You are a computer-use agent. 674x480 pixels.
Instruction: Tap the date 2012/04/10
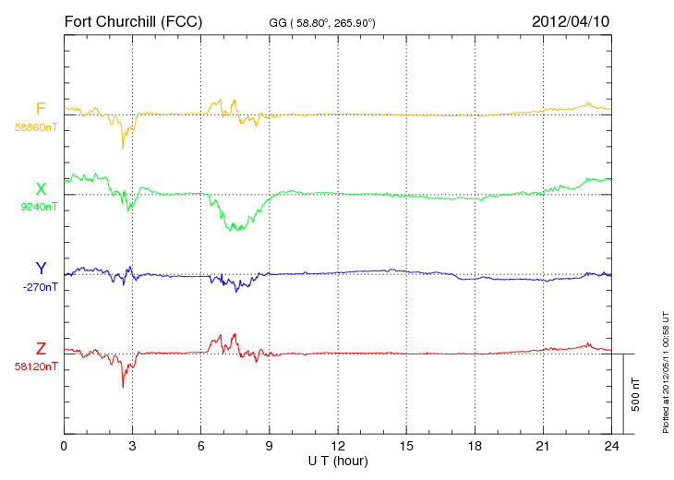tap(571, 20)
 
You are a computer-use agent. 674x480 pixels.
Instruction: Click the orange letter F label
tap(41, 109)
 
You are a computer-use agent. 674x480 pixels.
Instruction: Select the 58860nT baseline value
tap(36, 127)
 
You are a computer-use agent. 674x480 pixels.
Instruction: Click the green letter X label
tap(41, 189)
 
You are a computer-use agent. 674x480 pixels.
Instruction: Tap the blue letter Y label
tap(41, 269)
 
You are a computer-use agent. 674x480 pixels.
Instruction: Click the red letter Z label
tap(41, 348)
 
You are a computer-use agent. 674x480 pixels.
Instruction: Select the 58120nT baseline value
tap(36, 366)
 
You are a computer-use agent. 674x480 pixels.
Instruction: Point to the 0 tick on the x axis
tap(64, 446)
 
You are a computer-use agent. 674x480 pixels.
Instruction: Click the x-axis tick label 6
tap(201, 446)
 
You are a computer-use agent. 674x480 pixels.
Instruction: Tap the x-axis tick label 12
tap(338, 446)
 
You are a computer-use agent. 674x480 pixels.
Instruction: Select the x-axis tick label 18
tap(475, 446)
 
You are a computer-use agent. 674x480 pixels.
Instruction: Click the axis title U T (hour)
tap(338, 460)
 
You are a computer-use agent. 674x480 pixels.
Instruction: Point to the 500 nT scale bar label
tap(636, 394)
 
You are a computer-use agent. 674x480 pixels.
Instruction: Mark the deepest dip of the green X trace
tap(237, 230)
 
